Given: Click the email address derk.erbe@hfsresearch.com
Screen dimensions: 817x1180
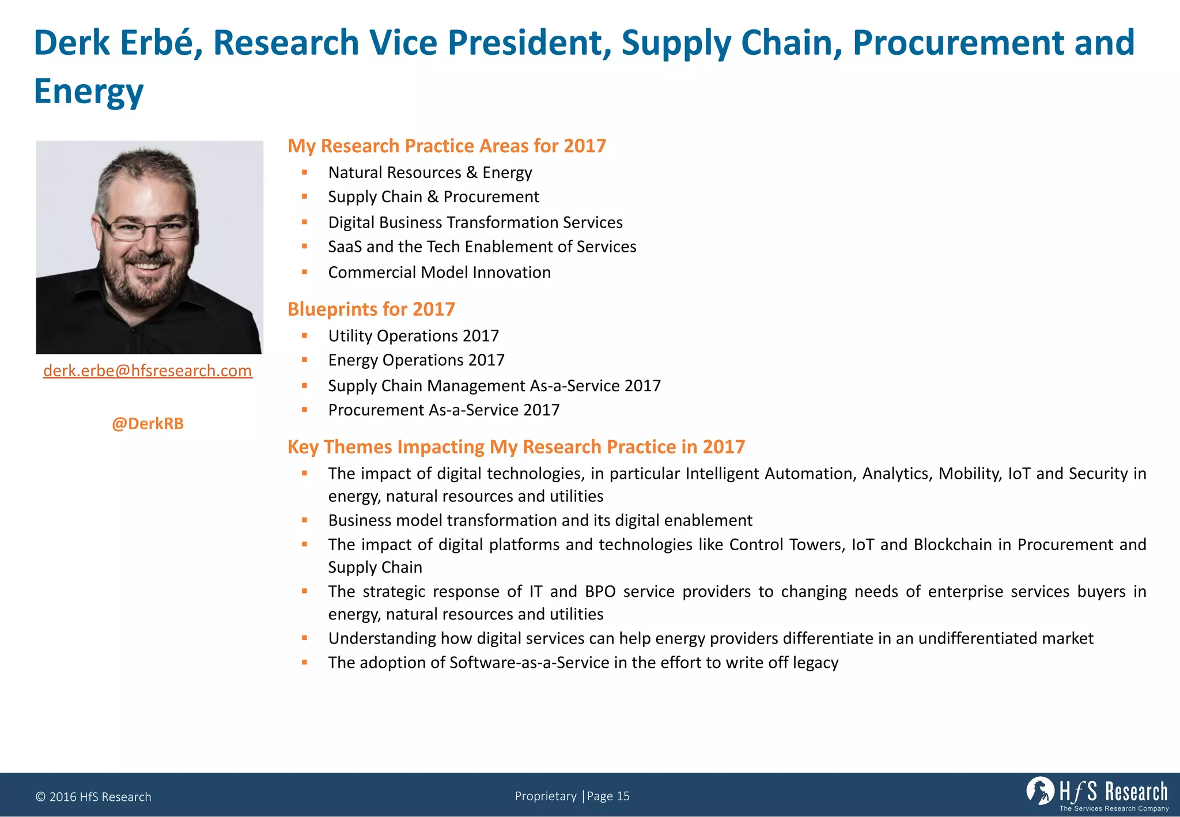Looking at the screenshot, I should pyautogui.click(x=147, y=370).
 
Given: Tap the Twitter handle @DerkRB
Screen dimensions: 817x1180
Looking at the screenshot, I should pyautogui.click(x=147, y=423).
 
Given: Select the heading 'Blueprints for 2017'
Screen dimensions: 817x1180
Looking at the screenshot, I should pyautogui.click(x=371, y=309).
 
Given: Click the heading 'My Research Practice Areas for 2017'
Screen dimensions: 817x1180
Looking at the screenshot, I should pyautogui.click(x=447, y=146).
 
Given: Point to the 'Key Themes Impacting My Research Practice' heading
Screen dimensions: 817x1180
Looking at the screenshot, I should pyautogui.click(x=516, y=447).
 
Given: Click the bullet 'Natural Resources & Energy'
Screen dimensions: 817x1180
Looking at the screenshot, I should pyautogui.click(x=430, y=172).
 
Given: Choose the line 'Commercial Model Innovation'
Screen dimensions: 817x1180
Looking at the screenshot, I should pyautogui.click(x=439, y=272).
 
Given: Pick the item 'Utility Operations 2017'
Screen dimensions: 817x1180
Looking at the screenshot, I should pyautogui.click(x=413, y=335).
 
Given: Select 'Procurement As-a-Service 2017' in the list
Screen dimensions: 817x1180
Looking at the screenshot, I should pyautogui.click(x=444, y=410).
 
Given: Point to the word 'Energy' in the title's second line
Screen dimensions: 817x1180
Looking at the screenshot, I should pyautogui.click(x=89, y=91).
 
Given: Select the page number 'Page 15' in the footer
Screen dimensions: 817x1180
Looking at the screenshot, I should pyautogui.click(x=608, y=796).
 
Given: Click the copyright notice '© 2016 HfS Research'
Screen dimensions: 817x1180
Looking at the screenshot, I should pyautogui.click(x=93, y=797).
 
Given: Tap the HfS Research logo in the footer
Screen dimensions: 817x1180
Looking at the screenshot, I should pyautogui.click(x=1097, y=793).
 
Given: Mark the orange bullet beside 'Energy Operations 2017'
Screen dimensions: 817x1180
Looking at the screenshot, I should pyautogui.click(x=305, y=360).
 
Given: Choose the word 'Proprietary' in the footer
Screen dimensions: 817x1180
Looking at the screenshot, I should pyautogui.click(x=545, y=796).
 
